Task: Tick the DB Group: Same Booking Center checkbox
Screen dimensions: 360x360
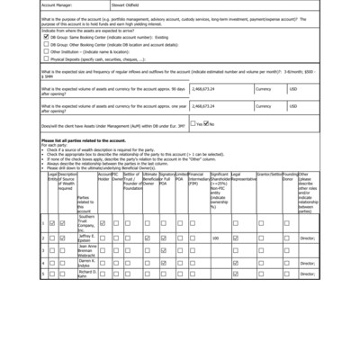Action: click(45, 62)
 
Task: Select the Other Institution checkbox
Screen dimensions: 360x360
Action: click(45, 76)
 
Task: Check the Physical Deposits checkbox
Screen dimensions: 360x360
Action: click(45, 84)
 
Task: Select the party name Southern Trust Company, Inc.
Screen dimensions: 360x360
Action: click(86, 222)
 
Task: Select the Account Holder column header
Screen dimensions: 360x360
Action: click(104, 202)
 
